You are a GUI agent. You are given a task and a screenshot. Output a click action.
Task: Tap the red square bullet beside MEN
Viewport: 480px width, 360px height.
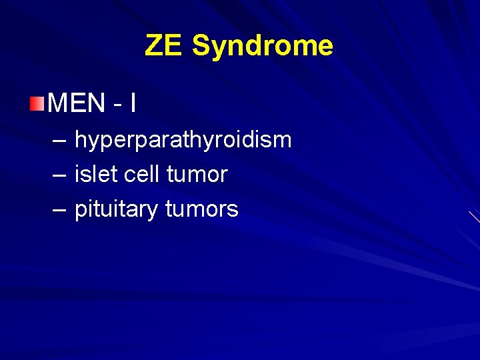tap(37, 103)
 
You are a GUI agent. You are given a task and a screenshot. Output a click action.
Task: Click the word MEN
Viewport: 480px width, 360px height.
tap(77, 103)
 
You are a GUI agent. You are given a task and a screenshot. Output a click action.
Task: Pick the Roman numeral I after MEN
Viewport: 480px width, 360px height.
tap(133, 103)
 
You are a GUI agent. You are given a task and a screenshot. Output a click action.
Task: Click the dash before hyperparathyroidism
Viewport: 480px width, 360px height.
tap(58, 140)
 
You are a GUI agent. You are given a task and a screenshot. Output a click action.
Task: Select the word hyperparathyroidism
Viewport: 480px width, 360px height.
tap(183, 141)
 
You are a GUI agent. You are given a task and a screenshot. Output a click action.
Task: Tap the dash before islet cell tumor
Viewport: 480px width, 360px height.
tap(58, 175)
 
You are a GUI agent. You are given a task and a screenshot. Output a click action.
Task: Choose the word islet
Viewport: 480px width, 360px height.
tap(92, 175)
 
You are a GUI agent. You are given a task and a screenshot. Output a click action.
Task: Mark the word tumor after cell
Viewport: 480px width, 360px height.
tap(197, 175)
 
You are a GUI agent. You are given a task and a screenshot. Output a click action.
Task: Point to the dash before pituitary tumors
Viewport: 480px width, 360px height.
tap(58, 209)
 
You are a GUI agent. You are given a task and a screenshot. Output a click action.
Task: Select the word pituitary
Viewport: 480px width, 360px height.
tap(116, 210)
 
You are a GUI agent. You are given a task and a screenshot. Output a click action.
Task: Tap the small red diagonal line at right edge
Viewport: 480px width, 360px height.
tap(474, 216)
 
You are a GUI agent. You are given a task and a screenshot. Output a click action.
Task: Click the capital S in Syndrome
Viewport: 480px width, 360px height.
tap(201, 46)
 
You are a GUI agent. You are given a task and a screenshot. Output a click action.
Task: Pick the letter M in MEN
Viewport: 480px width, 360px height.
tap(58, 103)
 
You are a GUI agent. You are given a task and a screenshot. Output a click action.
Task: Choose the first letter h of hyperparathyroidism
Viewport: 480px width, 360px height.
tap(80, 140)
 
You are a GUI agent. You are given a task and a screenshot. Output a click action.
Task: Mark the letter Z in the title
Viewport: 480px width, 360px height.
tap(154, 46)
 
